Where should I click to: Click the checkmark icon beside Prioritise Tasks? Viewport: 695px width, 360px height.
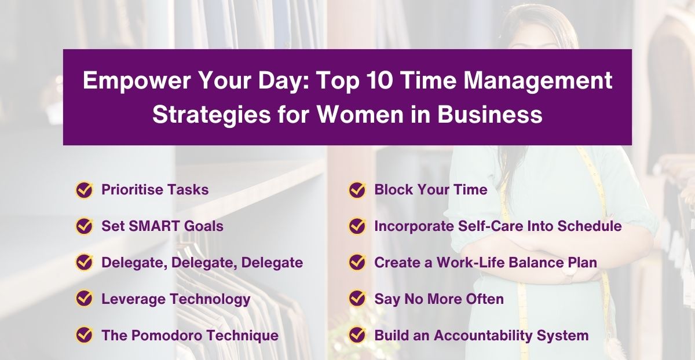tap(85, 190)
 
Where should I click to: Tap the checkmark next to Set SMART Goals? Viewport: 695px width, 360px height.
tap(85, 226)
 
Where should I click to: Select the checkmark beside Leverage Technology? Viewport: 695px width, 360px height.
tap(85, 299)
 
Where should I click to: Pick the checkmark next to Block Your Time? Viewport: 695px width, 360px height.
tap(357, 190)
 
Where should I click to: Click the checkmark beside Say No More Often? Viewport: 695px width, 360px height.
tap(357, 299)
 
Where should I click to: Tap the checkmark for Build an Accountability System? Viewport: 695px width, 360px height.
tap(357, 335)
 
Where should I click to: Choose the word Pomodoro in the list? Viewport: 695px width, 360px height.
tap(167, 335)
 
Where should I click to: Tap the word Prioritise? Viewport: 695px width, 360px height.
tap(130, 190)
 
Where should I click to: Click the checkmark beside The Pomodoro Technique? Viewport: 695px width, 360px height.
tap(85, 335)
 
